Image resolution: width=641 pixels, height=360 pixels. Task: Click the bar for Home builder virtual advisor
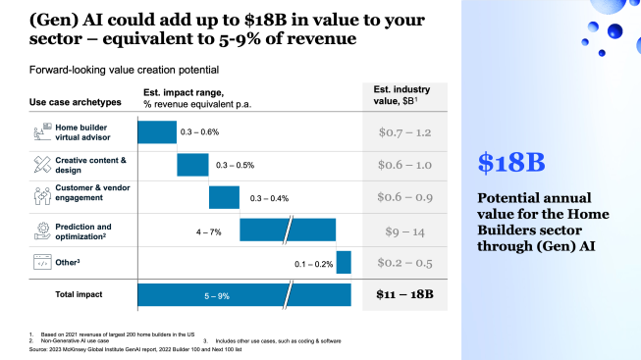[x=155, y=131]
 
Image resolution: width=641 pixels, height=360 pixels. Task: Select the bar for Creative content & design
[x=192, y=164]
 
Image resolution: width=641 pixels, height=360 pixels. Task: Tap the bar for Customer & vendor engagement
[x=224, y=196]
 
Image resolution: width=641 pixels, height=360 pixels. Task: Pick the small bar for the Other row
[x=344, y=262]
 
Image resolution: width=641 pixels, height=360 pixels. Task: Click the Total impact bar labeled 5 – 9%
[x=243, y=294]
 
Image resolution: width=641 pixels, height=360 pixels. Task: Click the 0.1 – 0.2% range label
[x=313, y=264]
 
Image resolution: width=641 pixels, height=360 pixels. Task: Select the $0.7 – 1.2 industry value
[x=405, y=131]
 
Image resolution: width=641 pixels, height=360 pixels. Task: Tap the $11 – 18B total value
[x=405, y=294]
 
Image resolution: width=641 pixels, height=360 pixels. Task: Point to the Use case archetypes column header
[x=75, y=102]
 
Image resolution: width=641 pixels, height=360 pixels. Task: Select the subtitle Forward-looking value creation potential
[x=123, y=70]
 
